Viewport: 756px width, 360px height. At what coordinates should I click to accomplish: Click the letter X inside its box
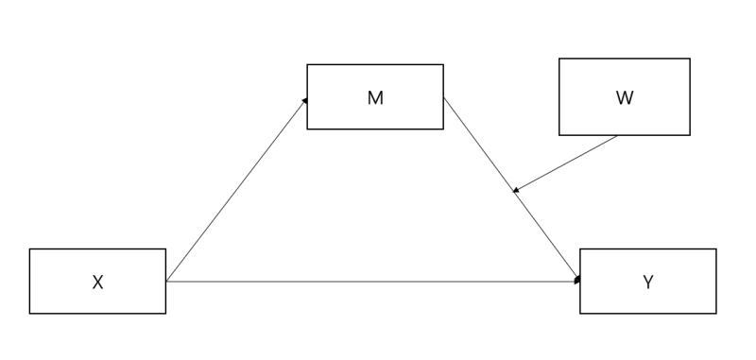(x=97, y=282)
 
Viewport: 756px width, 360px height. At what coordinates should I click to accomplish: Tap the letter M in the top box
(x=375, y=98)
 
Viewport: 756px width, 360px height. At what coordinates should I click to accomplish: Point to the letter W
(x=625, y=98)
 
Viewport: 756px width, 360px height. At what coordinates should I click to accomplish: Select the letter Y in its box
(x=648, y=282)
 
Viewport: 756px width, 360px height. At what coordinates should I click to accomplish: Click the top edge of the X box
(x=97, y=249)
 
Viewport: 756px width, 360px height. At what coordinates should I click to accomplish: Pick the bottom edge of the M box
(x=375, y=129)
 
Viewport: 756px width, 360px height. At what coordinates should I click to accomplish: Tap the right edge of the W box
(x=690, y=97)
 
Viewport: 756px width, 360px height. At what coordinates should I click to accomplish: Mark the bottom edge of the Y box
(x=648, y=313)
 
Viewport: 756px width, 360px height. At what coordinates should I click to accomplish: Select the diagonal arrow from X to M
(x=236, y=189)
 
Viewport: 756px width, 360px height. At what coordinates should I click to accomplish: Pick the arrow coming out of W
(x=567, y=163)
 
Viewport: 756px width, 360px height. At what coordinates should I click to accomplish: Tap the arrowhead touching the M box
(x=304, y=99)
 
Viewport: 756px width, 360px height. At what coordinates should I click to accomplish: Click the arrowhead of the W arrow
(x=516, y=190)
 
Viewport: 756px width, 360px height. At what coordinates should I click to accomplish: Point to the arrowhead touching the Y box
(x=576, y=280)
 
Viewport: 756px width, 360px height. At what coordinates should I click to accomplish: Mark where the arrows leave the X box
(x=166, y=281)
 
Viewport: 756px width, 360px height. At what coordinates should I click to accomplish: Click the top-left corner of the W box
(x=559, y=59)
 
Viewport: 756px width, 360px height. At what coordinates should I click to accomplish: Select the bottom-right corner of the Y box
(x=716, y=313)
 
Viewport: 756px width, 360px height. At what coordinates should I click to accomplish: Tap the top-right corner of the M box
(x=443, y=65)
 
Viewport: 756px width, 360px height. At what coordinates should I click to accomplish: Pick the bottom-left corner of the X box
(x=30, y=313)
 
